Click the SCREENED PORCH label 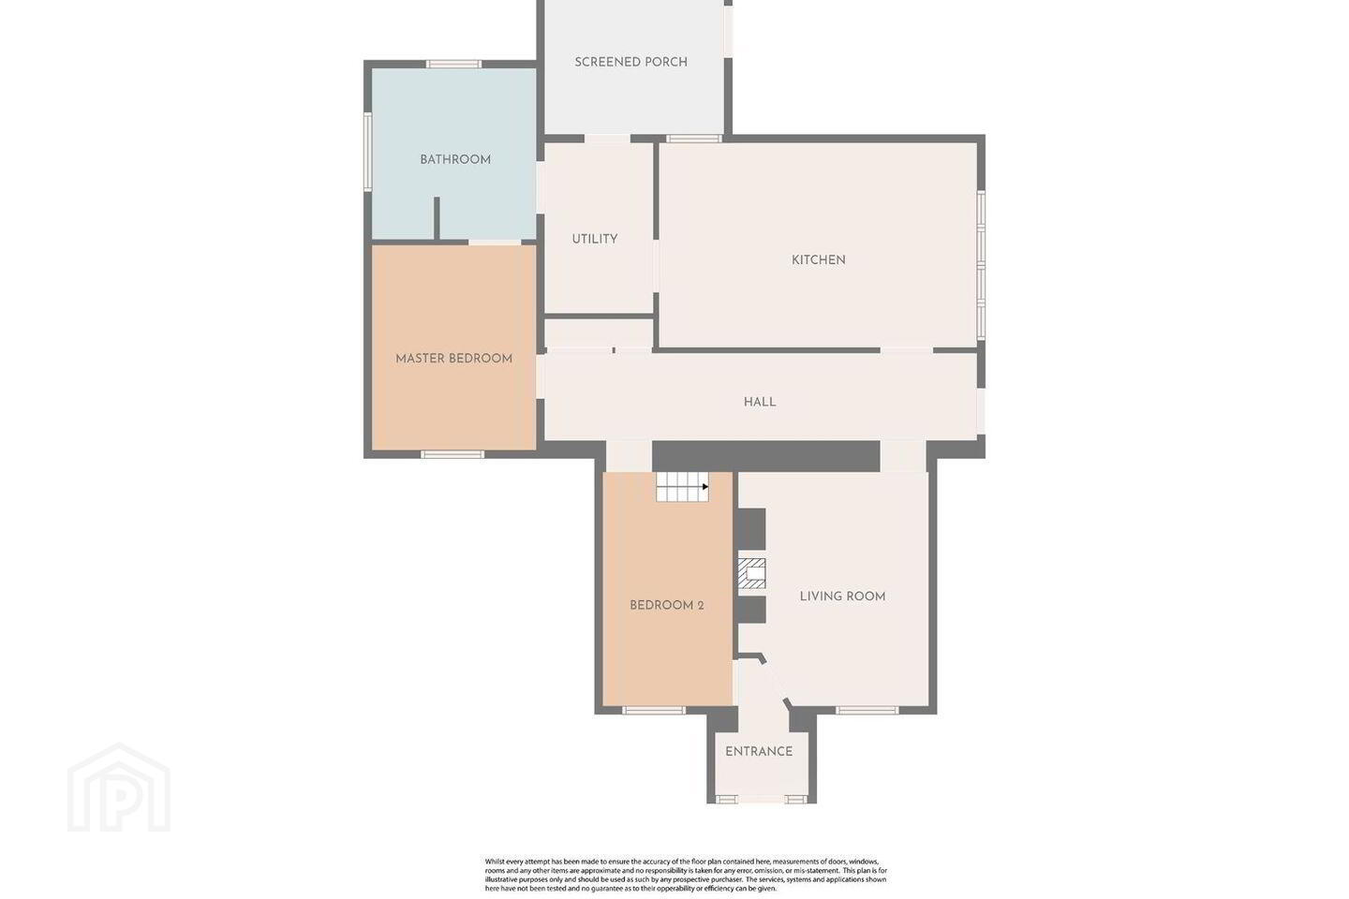(630, 62)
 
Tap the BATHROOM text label (455, 159)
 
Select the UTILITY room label (594, 239)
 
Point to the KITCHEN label (819, 260)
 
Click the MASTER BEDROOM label (454, 359)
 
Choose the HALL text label (760, 403)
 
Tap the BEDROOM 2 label (667, 606)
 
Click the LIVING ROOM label (842, 597)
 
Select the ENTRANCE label (759, 752)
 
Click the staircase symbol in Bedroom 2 (682, 487)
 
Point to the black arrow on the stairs (705, 487)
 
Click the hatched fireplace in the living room (751, 573)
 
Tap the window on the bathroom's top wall (454, 64)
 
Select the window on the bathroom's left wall (367, 153)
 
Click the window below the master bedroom (452, 454)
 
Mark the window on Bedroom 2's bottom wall (654, 711)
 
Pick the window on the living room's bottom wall (867, 711)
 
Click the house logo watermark (119, 788)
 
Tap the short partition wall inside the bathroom (437, 218)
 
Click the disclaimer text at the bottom (686, 875)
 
